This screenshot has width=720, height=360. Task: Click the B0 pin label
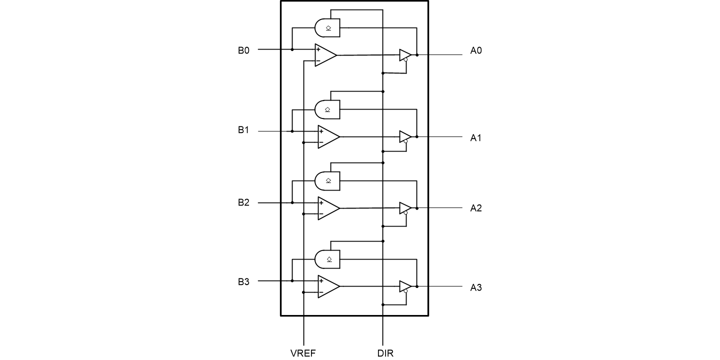(243, 50)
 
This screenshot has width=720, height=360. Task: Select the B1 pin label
(243, 130)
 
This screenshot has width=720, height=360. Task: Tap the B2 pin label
(243, 202)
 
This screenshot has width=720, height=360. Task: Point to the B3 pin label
(243, 281)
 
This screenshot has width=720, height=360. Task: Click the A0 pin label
(475, 50)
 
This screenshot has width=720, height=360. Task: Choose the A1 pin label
(475, 137)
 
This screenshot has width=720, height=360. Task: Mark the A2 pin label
(475, 208)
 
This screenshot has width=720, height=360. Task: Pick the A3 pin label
(475, 288)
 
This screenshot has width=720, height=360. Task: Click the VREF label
(303, 353)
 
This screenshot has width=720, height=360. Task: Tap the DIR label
(385, 353)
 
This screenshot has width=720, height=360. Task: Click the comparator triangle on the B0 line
(324, 55)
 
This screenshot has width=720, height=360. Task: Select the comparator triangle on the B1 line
(328, 137)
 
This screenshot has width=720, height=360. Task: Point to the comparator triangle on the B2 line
(328, 208)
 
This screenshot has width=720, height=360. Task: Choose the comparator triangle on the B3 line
(328, 286)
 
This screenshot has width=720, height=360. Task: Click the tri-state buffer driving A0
(405, 55)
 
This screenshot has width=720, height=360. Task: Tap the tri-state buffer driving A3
(405, 286)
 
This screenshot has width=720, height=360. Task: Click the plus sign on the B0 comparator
(318, 49)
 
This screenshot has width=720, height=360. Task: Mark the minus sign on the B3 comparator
(321, 292)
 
